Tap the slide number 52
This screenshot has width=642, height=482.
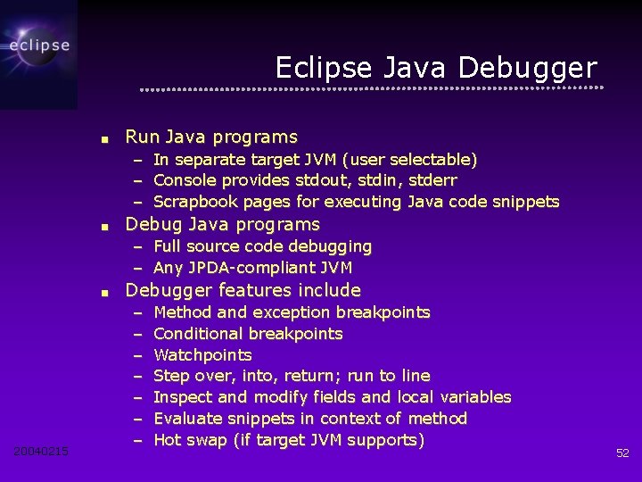(x=622, y=453)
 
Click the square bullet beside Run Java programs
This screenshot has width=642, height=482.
(x=104, y=139)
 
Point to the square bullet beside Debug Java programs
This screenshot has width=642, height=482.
(x=104, y=226)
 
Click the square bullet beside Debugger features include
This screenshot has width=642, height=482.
(x=104, y=292)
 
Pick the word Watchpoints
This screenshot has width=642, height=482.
(x=202, y=355)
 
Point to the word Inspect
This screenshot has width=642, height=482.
(x=182, y=397)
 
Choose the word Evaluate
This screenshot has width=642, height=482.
(x=188, y=419)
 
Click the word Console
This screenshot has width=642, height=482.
(x=185, y=180)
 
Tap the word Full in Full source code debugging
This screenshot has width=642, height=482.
(x=168, y=246)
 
